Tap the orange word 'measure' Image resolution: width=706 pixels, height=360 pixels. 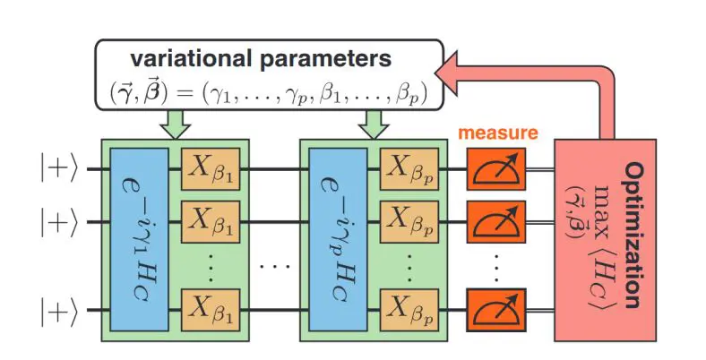click(x=498, y=133)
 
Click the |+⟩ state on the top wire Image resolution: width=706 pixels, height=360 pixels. click(x=60, y=167)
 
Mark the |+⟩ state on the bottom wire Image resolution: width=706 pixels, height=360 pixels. click(x=60, y=312)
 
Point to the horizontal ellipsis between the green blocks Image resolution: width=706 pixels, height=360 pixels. click(x=272, y=265)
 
